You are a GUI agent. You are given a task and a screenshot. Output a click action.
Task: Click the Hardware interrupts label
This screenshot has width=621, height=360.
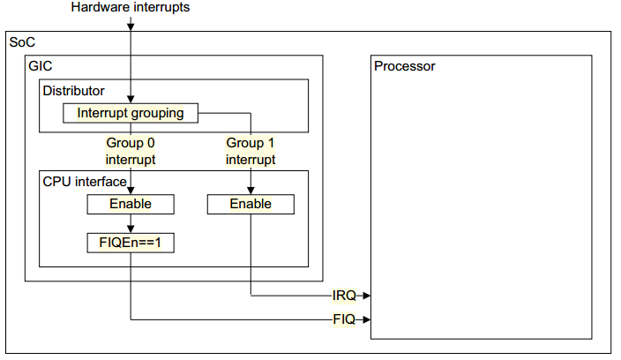(x=131, y=7)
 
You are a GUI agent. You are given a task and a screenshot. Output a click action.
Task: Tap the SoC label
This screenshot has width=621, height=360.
(x=22, y=42)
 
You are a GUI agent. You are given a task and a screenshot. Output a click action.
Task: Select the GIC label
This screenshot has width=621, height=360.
(x=40, y=66)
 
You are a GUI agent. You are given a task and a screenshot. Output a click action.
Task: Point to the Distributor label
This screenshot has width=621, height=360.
(x=74, y=91)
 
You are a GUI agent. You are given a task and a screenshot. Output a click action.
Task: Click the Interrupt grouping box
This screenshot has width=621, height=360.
(x=131, y=113)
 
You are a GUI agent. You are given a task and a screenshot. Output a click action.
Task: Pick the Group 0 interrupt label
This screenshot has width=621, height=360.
(x=131, y=151)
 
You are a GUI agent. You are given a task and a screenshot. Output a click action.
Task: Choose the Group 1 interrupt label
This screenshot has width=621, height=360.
(x=251, y=151)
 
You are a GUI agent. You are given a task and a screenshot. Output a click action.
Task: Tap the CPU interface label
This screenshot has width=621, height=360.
(x=85, y=182)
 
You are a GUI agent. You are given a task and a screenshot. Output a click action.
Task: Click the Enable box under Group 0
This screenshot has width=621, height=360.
(x=131, y=205)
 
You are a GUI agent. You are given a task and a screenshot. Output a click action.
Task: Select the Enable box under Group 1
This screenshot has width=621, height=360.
(x=251, y=205)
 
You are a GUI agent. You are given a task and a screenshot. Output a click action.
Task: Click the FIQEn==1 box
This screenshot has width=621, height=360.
(x=131, y=243)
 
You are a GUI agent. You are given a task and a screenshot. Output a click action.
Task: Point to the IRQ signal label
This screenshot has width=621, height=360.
(x=344, y=296)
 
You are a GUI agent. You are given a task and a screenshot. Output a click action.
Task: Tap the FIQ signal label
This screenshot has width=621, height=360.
(x=344, y=319)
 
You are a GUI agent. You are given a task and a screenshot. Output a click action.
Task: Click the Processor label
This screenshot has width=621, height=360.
(x=404, y=66)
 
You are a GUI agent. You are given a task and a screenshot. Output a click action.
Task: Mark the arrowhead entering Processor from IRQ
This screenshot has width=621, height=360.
(x=367, y=296)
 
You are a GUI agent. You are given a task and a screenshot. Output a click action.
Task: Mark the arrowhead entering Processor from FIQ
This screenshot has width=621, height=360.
(x=367, y=319)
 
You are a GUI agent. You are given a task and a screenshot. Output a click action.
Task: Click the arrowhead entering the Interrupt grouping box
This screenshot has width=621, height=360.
(x=131, y=100)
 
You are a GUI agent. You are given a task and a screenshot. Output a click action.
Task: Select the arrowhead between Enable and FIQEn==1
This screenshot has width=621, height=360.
(x=131, y=229)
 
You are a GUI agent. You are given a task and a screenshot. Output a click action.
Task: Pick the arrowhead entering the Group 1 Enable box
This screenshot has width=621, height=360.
(x=251, y=190)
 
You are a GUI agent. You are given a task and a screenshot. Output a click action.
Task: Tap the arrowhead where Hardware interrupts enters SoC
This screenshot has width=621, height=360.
(x=131, y=26)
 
